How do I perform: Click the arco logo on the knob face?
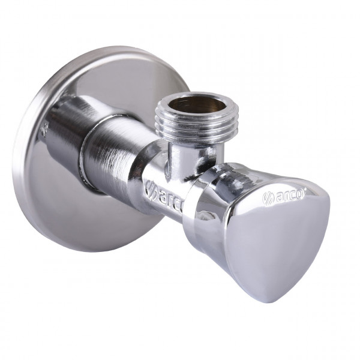pyautogui.click(x=283, y=194)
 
